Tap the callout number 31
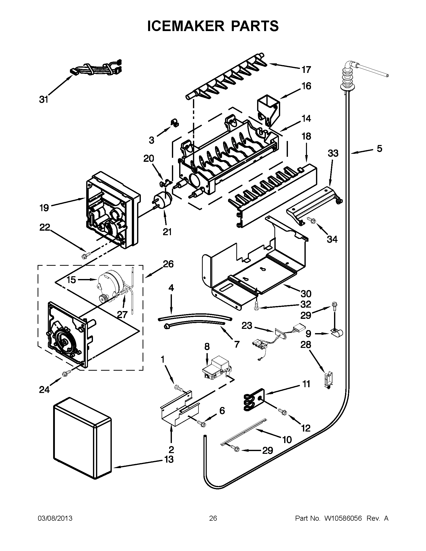[44, 100]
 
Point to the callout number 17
[306, 70]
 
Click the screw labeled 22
[83, 256]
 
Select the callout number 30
[306, 294]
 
